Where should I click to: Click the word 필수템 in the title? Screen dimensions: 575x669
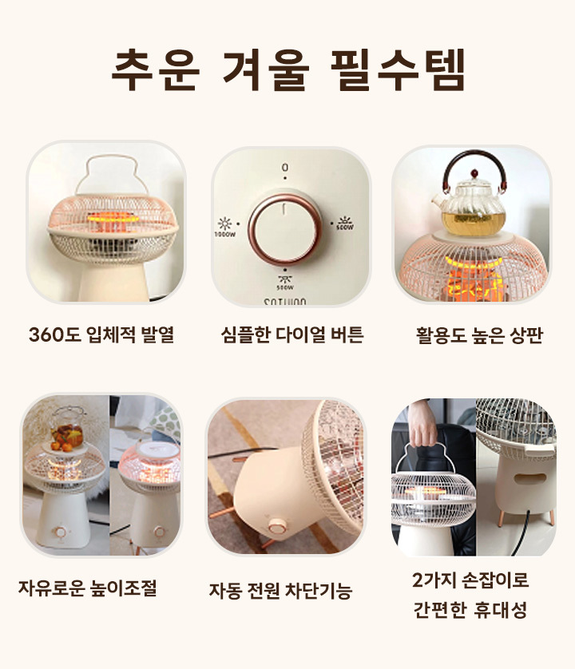point(398,70)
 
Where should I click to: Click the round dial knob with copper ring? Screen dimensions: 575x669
point(285,230)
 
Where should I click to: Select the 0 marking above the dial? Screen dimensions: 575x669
point(285,168)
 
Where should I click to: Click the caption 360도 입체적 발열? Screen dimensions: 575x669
point(101,334)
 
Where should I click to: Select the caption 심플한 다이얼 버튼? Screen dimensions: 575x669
point(292,334)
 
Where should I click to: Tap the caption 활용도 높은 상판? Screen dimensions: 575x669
point(479,335)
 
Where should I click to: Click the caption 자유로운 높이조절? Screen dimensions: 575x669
point(88,588)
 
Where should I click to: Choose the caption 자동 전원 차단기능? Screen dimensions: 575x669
point(280,591)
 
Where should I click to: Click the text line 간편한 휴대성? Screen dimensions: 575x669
point(470,610)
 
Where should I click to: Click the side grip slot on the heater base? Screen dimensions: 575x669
point(529,478)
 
